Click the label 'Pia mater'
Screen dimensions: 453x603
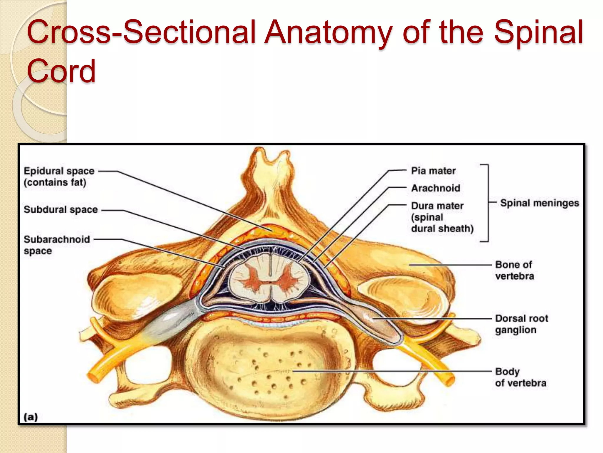tap(433, 171)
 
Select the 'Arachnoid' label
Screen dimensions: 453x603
tap(435, 188)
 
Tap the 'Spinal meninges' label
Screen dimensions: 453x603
tap(539, 203)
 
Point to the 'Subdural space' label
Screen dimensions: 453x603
tap(61, 210)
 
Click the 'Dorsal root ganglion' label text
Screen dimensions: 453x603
tap(521, 324)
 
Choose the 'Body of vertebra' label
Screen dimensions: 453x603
tap(521, 377)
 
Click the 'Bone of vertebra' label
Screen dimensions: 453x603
tap(514, 270)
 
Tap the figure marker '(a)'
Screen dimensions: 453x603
tap(31, 417)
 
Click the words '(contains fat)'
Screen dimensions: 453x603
tap(55, 183)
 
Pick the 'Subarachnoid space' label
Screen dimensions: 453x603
tap(57, 245)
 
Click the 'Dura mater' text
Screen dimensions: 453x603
tap(437, 206)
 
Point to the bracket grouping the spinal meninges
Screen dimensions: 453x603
tap(488, 203)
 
